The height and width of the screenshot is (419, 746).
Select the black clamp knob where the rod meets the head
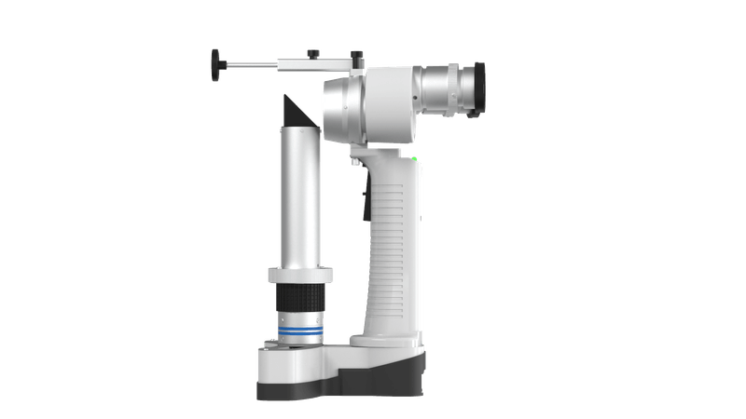pyautogui.click(x=356, y=57)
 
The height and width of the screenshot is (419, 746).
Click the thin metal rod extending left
pyautogui.click(x=252, y=64)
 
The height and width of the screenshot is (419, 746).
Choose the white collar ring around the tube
pyautogui.click(x=299, y=275)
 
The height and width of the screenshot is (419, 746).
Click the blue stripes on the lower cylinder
pyautogui.click(x=299, y=329)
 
